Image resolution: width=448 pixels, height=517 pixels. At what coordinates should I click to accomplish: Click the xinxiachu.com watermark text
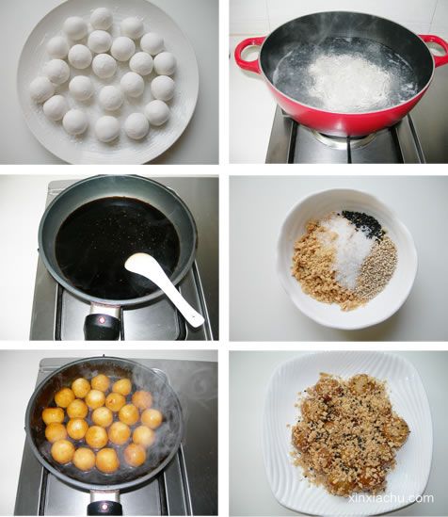(x=391, y=498)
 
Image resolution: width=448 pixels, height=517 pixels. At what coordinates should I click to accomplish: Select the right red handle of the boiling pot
(x=437, y=50)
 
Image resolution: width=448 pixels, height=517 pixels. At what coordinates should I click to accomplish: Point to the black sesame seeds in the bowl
(x=364, y=224)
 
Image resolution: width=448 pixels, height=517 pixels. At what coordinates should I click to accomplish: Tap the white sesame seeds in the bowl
(x=376, y=267)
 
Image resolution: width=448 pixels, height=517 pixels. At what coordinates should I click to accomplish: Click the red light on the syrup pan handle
(x=103, y=319)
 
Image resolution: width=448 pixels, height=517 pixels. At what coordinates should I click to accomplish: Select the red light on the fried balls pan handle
(x=105, y=507)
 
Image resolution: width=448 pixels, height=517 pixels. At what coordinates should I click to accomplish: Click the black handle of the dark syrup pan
(x=102, y=326)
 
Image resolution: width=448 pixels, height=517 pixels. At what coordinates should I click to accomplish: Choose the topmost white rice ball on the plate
(x=102, y=19)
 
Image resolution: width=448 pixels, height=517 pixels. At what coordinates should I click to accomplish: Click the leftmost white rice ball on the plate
(x=41, y=89)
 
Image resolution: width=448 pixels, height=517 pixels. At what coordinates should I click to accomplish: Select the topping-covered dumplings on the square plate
(x=350, y=433)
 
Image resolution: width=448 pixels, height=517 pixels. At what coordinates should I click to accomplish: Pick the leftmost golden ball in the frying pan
(x=53, y=415)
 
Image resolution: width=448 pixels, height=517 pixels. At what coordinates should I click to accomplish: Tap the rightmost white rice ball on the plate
(x=165, y=63)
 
